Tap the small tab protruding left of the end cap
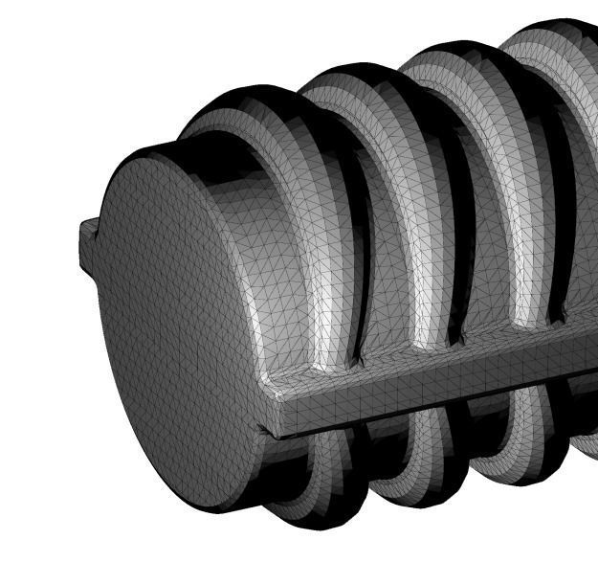tap(88, 239)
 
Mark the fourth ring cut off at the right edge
tap(555, 38)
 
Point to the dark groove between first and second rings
tap(362, 239)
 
